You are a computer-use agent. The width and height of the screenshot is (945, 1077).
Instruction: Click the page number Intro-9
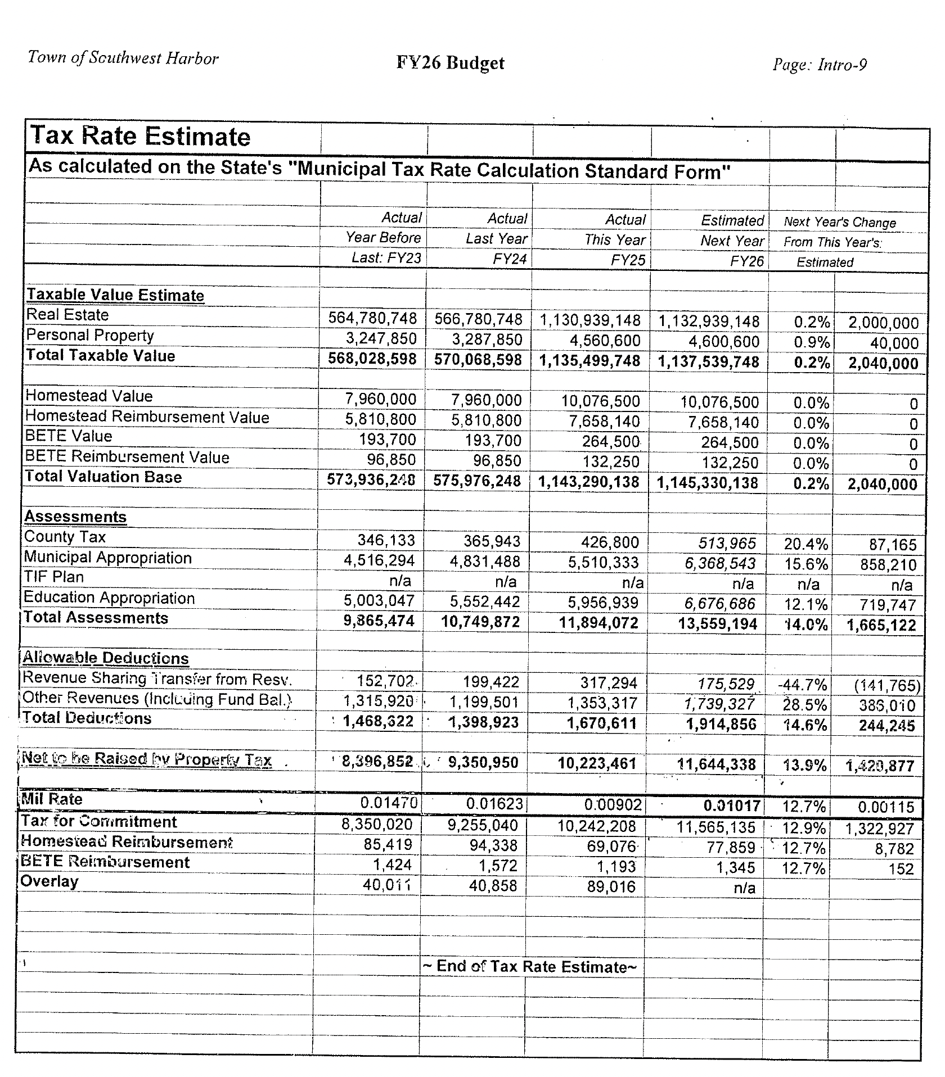[820, 65]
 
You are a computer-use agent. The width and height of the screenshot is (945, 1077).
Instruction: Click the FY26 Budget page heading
[450, 63]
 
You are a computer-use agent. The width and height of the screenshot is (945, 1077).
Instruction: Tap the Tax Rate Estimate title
[141, 137]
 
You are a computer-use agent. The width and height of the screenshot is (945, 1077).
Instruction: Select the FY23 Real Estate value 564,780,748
[372, 319]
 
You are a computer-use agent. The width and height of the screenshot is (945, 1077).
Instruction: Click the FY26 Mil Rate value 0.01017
[732, 806]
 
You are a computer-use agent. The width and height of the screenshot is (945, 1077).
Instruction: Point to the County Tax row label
[65, 537]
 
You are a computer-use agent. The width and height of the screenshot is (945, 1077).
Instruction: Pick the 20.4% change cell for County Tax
[805, 544]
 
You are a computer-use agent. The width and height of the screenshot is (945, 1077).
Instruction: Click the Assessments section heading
[75, 517]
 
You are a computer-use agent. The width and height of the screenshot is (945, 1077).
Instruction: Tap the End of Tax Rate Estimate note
[529, 966]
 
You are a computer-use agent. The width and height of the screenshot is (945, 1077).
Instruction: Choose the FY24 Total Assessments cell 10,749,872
[480, 622]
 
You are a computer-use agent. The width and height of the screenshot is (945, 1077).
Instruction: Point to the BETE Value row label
[69, 436]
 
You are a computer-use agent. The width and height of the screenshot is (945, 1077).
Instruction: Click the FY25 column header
[627, 261]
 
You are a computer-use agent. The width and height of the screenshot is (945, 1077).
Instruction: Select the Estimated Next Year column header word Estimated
[732, 221]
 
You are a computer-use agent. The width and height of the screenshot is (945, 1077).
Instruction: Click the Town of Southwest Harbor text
[123, 58]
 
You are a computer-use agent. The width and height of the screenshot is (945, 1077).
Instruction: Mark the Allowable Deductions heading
[105, 658]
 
